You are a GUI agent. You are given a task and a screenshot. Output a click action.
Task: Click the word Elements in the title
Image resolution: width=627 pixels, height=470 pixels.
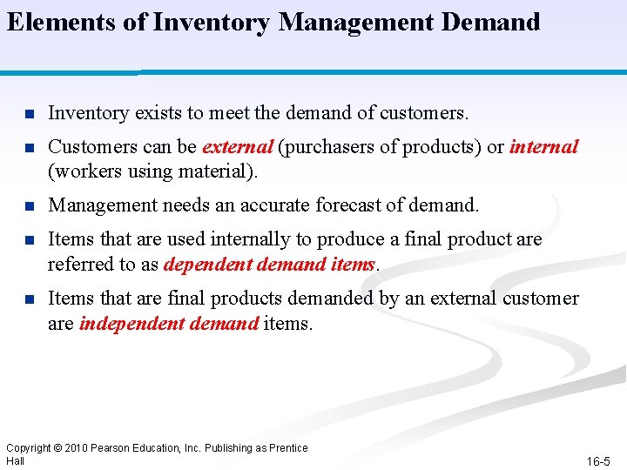click(64, 22)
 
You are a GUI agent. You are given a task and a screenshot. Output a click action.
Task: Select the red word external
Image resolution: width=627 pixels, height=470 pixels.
click(237, 147)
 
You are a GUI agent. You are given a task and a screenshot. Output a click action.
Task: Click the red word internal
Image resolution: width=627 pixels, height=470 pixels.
click(543, 147)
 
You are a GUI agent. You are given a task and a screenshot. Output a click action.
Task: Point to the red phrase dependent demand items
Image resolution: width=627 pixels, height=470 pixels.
click(269, 265)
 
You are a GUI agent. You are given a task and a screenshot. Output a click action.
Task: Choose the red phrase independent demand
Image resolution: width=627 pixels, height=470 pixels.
click(169, 325)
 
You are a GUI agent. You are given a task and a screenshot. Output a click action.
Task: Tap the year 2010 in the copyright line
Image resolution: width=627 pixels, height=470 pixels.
click(73, 448)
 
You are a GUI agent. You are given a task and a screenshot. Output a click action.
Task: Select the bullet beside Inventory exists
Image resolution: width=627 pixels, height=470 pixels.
click(29, 114)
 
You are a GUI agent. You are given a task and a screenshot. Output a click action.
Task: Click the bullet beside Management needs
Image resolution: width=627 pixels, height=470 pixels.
click(29, 206)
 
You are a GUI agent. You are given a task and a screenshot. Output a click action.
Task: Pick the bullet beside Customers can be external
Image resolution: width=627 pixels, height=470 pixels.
click(29, 148)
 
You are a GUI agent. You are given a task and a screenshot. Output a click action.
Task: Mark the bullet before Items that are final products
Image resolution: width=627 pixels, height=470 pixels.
click(29, 299)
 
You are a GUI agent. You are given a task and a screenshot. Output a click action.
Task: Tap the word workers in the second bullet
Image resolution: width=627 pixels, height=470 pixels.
click(83, 171)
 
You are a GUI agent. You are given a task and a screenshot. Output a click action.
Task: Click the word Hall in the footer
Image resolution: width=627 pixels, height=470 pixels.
click(15, 460)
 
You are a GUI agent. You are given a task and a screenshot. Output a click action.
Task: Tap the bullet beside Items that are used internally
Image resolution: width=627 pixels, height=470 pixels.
click(29, 240)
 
